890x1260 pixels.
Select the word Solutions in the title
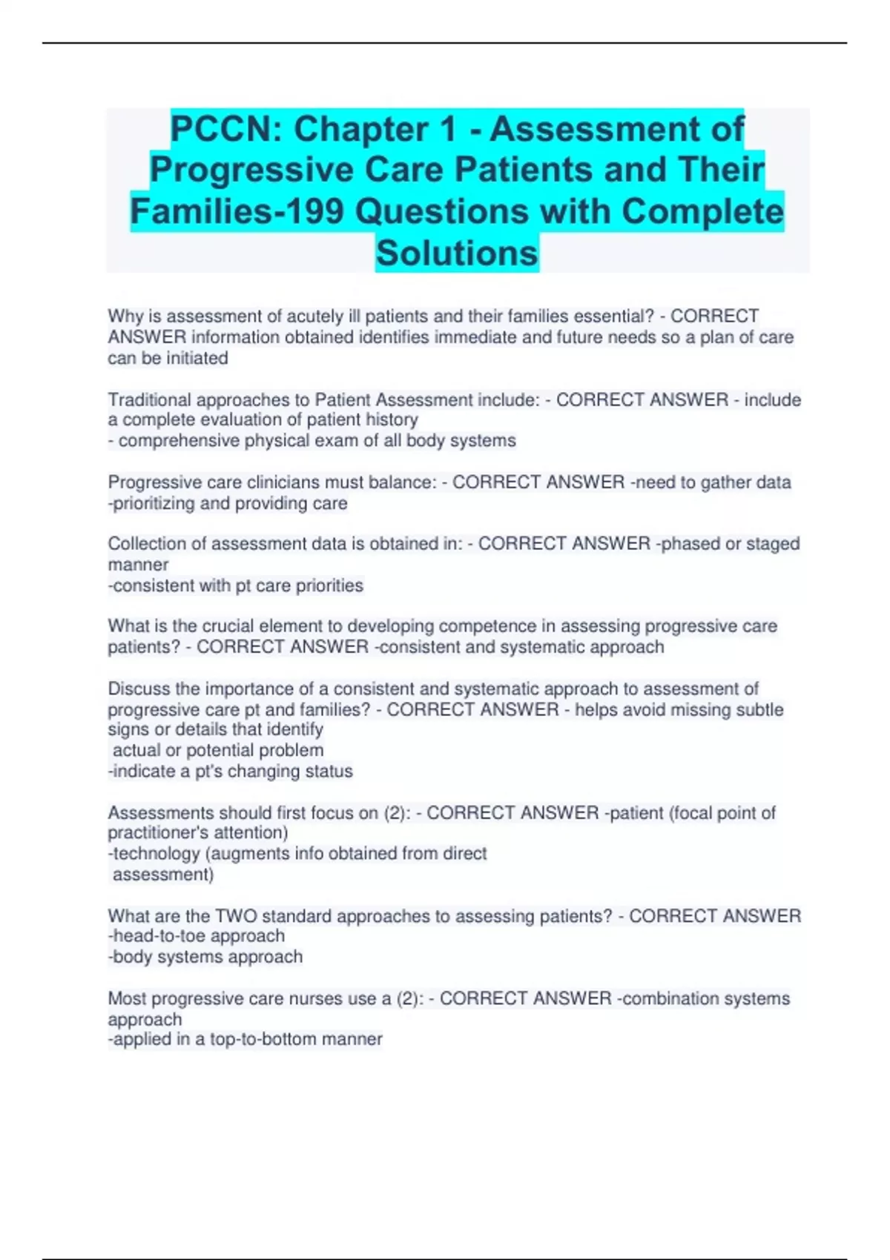click(457, 253)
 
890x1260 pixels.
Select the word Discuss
click(139, 689)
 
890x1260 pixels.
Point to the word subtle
click(759, 710)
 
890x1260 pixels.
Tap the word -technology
click(154, 854)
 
